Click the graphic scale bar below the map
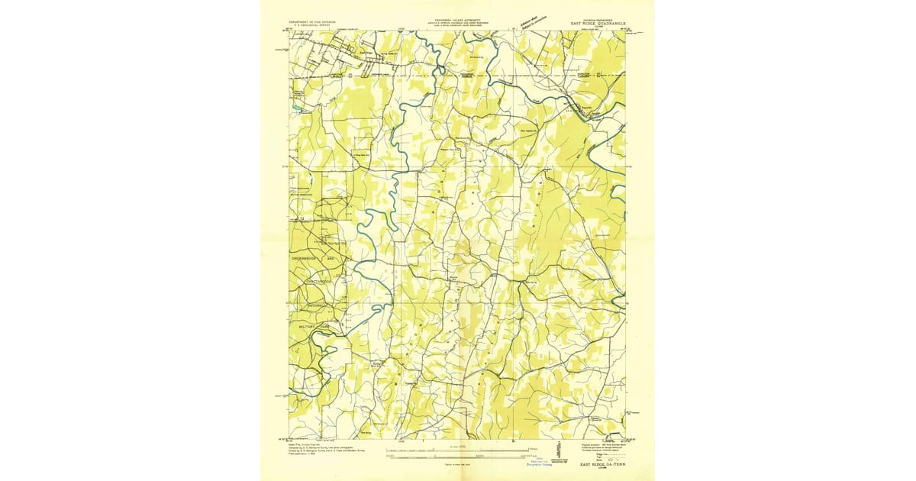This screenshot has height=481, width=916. point(458,457)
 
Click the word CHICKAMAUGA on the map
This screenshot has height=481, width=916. point(304,259)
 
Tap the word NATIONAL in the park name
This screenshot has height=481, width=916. point(314,305)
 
